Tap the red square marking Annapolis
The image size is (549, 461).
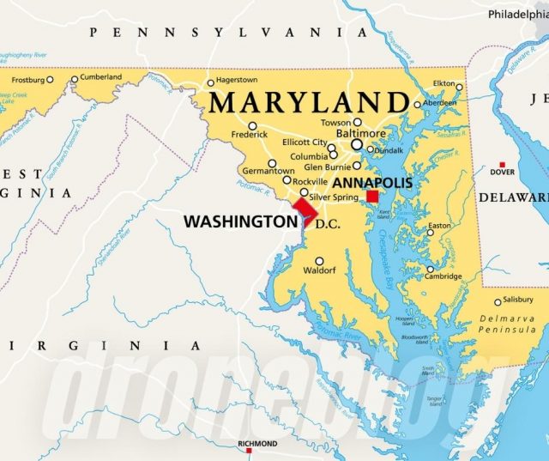click(x=372, y=197)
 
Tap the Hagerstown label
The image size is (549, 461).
click(x=237, y=80)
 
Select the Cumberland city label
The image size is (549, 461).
click(x=101, y=77)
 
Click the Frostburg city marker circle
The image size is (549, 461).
click(x=50, y=80)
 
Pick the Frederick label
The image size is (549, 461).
click(x=250, y=135)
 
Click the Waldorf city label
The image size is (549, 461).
click(x=319, y=271)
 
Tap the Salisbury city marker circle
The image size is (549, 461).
click(x=498, y=301)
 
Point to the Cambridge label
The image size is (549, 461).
click(x=444, y=276)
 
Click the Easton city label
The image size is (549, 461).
click(x=439, y=226)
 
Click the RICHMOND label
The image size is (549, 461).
click(x=257, y=444)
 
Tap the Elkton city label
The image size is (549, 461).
click(x=443, y=83)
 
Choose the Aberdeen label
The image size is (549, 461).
click(x=441, y=102)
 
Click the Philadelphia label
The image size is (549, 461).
click(x=517, y=15)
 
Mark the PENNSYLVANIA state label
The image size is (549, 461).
click(x=229, y=32)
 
